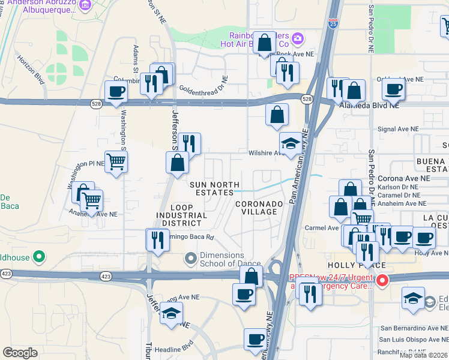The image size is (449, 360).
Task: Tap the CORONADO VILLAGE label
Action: point(259,208)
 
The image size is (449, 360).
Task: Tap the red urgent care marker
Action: point(381,280)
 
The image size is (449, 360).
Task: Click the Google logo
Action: point(20,353)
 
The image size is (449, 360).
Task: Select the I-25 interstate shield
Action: point(334,23)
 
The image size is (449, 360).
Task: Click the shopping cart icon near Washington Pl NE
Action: point(116,161)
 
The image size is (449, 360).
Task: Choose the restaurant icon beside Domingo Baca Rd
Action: point(157,239)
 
